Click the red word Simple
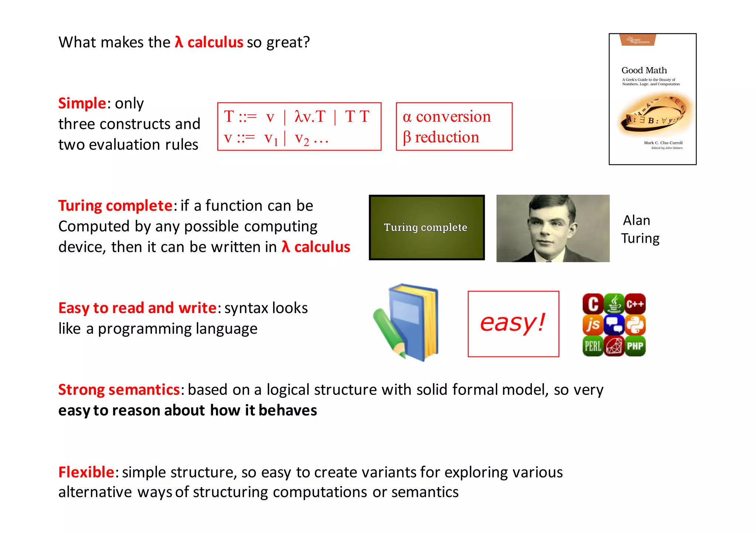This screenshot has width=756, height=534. click(82, 103)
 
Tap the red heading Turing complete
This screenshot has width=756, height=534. click(115, 206)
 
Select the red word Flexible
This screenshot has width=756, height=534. click(86, 472)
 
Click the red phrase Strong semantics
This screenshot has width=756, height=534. click(119, 390)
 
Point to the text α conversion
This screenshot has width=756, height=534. click(447, 117)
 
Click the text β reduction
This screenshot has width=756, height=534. click(441, 137)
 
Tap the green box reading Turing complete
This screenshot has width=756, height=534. click(426, 227)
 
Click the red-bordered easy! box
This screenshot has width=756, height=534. click(513, 324)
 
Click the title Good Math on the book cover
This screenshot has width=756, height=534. click(644, 70)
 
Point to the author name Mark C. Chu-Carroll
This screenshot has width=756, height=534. click(663, 143)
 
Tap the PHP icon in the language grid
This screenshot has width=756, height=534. click(635, 346)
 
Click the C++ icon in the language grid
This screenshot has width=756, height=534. click(635, 304)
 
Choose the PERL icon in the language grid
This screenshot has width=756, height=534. click(593, 346)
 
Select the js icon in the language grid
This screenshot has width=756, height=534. click(593, 325)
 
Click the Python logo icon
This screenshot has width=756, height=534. click(635, 325)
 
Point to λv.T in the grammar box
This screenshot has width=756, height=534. click(310, 117)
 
